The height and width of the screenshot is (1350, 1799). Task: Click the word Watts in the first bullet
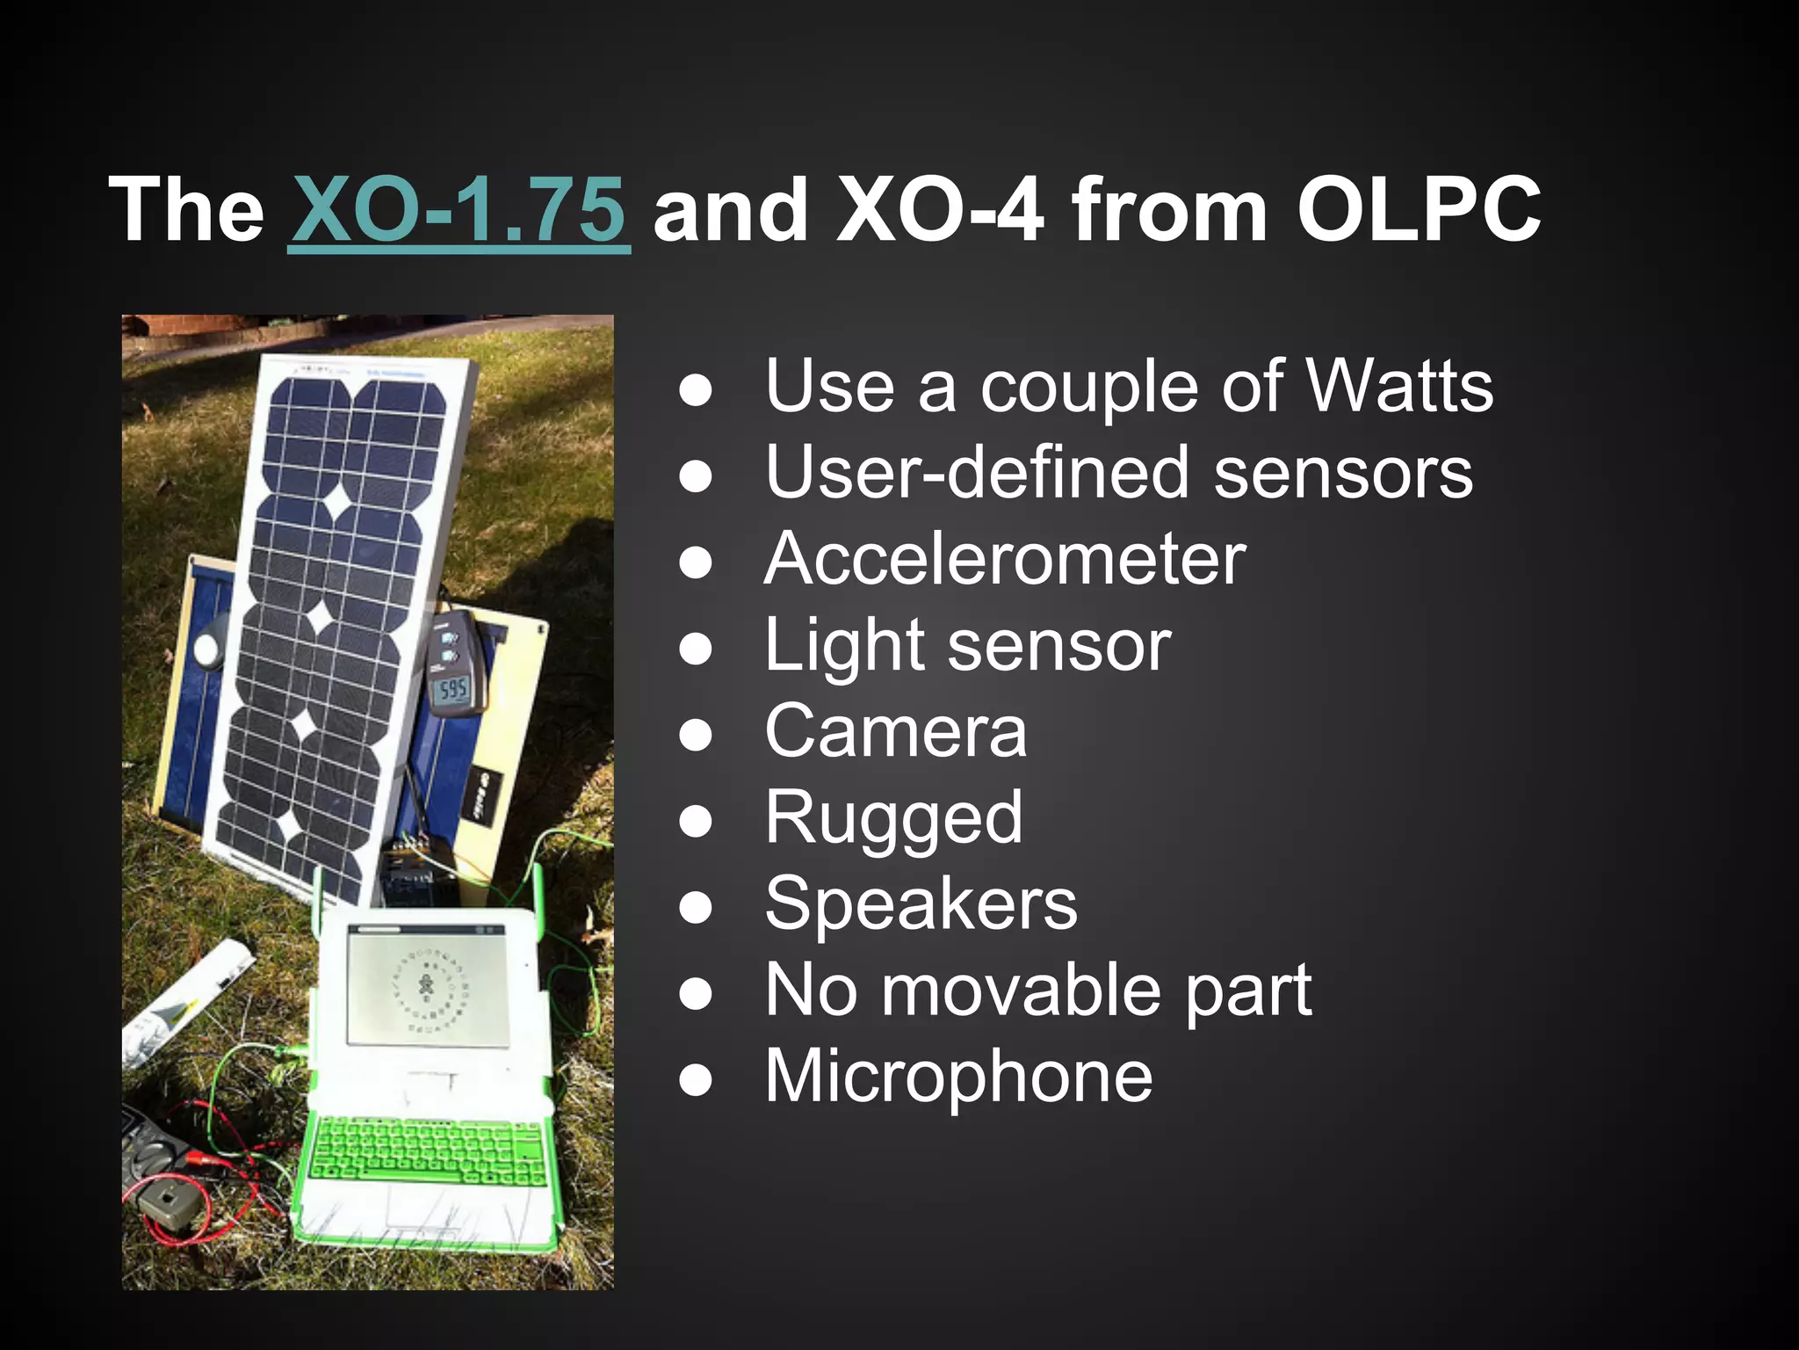point(1400,386)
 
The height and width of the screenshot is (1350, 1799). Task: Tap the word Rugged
point(893,817)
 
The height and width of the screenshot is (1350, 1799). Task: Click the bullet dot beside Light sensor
point(695,649)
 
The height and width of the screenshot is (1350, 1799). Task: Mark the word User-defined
point(974,472)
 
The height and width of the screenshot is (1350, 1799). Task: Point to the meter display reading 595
point(453,689)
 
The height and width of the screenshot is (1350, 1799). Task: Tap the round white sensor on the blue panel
point(207,650)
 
